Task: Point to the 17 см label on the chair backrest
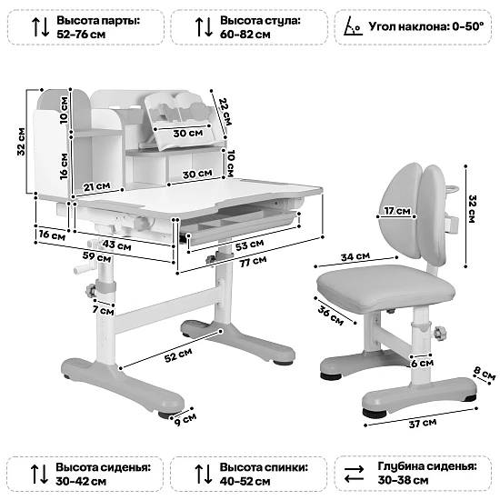[x=395, y=212]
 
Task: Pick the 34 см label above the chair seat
[x=355, y=257]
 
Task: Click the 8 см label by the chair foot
[x=486, y=374]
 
